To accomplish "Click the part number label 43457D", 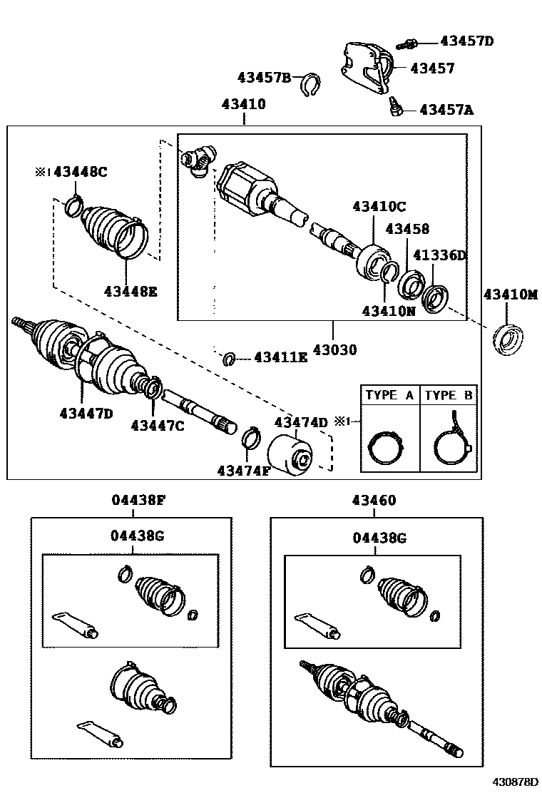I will click(x=466, y=41).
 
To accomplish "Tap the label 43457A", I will click(x=446, y=110).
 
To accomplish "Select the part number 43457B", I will click(x=265, y=78).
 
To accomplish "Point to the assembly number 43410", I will click(x=243, y=104).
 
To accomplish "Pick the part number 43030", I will click(x=333, y=350).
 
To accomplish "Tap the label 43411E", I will click(x=280, y=357).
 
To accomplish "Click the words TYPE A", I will click(x=389, y=395).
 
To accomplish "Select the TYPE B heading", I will click(x=449, y=395).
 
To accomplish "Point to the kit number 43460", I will click(x=374, y=501).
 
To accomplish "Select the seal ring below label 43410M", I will click(x=508, y=339).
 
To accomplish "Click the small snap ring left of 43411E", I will click(x=229, y=358).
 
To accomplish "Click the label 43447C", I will click(x=158, y=426).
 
